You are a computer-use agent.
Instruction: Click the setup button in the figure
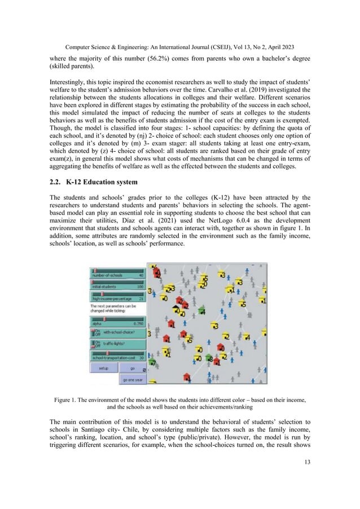pos(103,367)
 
